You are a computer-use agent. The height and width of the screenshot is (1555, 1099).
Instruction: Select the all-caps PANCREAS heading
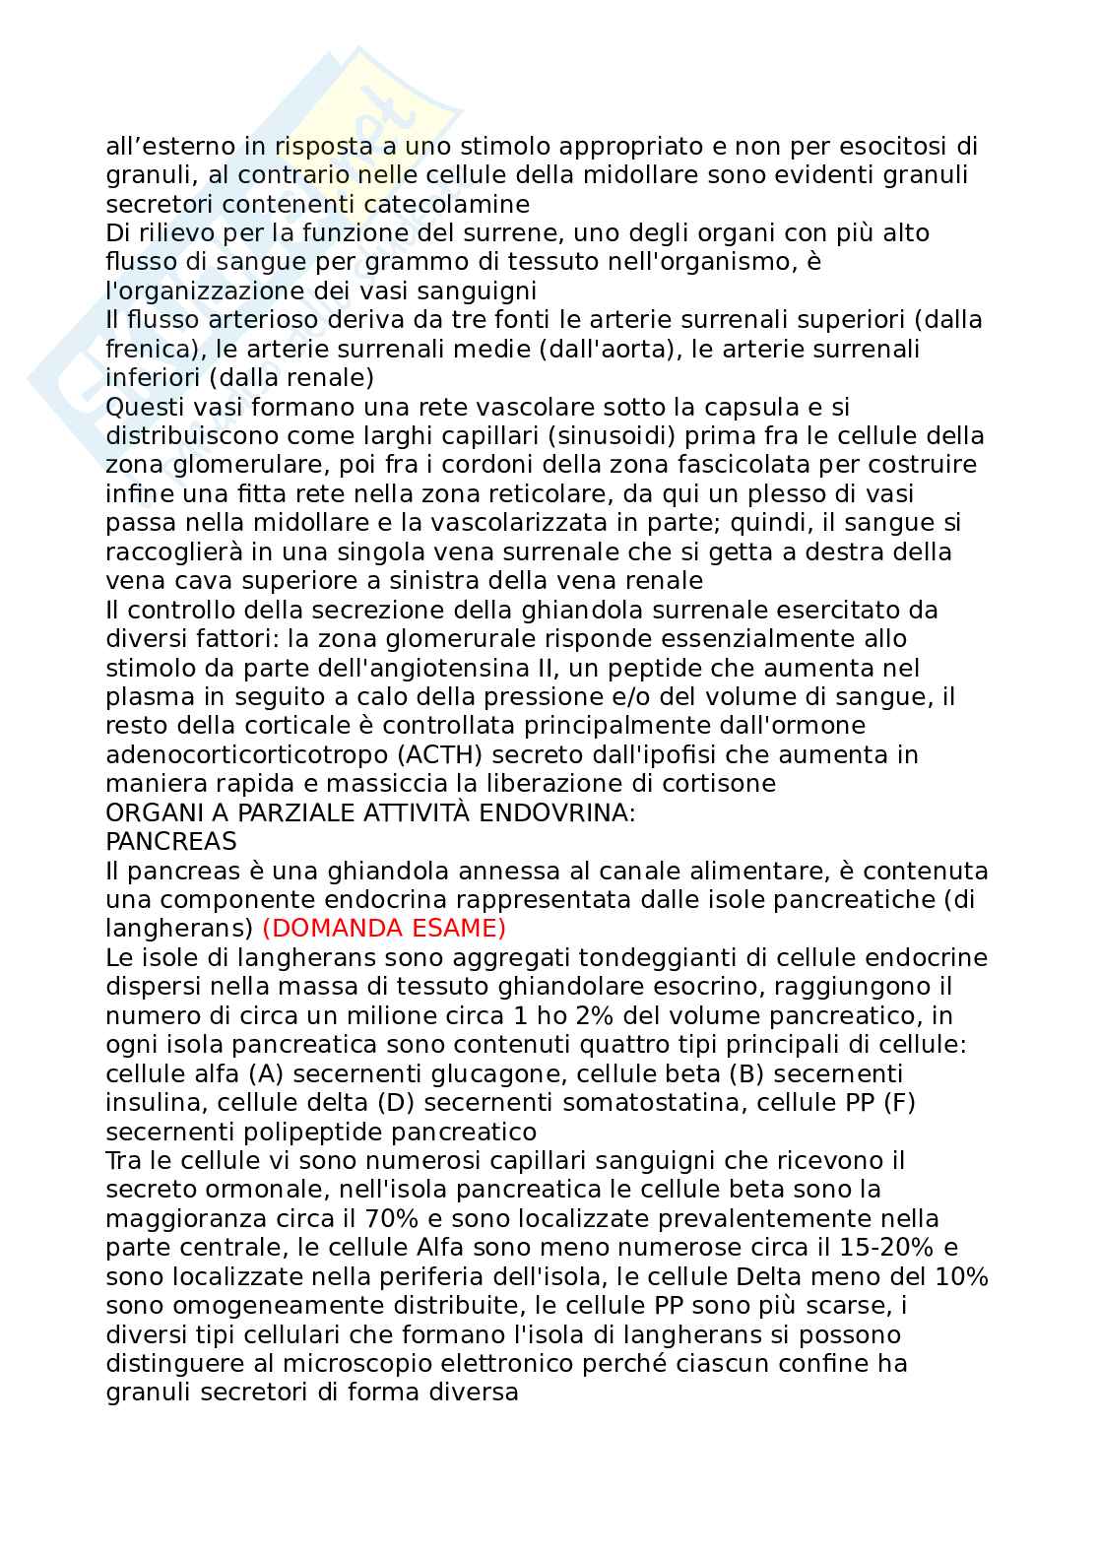click(171, 842)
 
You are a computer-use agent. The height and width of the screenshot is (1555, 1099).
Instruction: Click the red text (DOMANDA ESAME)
click(384, 929)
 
